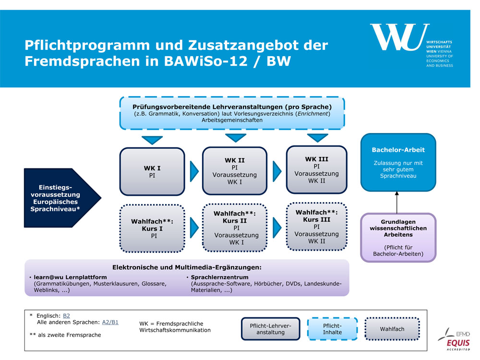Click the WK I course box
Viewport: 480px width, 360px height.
point(152,171)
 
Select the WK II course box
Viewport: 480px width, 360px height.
point(235,171)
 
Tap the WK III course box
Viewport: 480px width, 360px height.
point(316,170)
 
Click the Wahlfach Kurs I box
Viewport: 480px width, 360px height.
point(152,228)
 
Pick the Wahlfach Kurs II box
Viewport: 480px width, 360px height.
point(235,228)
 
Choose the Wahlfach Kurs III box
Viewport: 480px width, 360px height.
point(316,227)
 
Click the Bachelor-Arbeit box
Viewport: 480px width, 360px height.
point(398,162)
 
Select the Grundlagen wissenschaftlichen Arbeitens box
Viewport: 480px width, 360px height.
point(398,238)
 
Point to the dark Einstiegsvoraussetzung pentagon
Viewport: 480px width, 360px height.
point(58,198)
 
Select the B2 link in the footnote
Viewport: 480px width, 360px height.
point(66,315)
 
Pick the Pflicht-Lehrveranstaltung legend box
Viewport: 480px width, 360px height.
point(270,329)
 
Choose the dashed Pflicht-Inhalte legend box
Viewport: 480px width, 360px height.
point(332,329)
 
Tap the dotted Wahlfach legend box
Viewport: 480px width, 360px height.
point(392,329)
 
